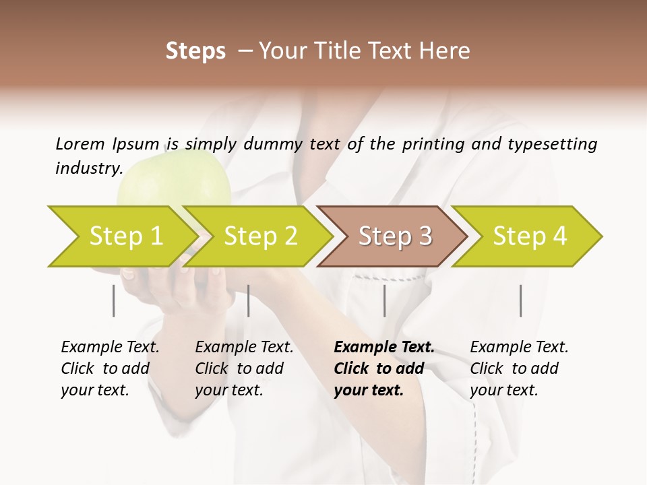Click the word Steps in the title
click(195, 51)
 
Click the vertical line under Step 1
click(113, 300)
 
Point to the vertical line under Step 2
click(249, 300)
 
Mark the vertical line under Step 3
click(384, 300)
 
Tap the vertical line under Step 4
click(520, 300)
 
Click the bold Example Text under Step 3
click(384, 348)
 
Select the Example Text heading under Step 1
click(110, 348)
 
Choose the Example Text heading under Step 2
click(244, 348)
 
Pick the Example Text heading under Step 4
click(519, 348)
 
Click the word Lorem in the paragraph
click(80, 143)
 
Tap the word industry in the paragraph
click(88, 168)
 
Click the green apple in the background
click(175, 182)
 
